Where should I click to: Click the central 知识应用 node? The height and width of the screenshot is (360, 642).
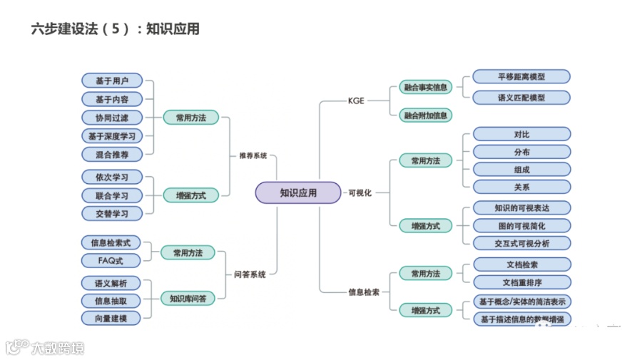(298, 192)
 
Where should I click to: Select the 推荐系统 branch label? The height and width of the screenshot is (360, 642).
(253, 155)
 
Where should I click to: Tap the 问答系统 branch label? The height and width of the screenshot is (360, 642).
(250, 274)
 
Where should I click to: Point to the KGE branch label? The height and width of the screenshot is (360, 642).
(356, 101)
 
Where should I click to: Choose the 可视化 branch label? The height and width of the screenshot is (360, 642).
(359, 192)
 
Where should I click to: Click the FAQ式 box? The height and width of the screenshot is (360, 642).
(112, 261)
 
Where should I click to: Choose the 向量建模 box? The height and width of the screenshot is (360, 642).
(111, 318)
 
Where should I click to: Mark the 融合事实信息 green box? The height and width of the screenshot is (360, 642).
(425, 88)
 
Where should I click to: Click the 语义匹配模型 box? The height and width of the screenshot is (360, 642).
(521, 98)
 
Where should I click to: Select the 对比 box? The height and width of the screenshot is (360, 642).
(521, 134)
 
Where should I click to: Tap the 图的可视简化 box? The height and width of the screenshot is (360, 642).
(521, 226)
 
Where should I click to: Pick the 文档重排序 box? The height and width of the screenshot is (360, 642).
(521, 282)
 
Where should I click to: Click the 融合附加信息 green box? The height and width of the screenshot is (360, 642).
(425, 115)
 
